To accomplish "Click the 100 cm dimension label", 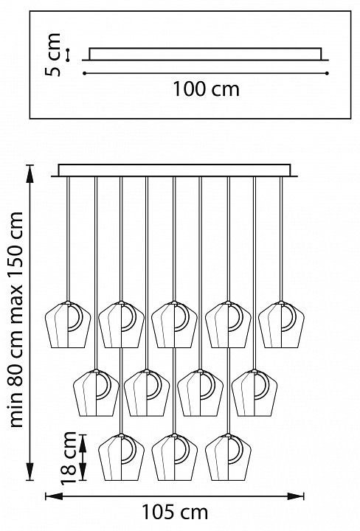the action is tap(207, 88).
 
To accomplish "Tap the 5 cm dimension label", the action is tap(53, 55).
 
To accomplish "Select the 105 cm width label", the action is tap(174, 512).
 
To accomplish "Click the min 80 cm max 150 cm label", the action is tap(16, 319).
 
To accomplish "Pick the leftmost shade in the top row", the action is tap(68, 324).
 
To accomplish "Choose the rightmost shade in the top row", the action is tap(281, 324).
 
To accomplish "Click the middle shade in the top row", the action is tap(174, 324).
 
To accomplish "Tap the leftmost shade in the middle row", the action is tap(96, 393).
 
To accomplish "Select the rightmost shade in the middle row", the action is tap(255, 393).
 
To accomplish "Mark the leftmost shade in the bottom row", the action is tap(121, 457).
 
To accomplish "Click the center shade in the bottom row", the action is tap(174, 457).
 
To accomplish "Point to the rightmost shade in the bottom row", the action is tap(228, 457).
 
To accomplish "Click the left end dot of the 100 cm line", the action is tap(84, 73).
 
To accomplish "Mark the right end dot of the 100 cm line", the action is tap(327, 73).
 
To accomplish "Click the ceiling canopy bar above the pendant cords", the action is tap(174, 170).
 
